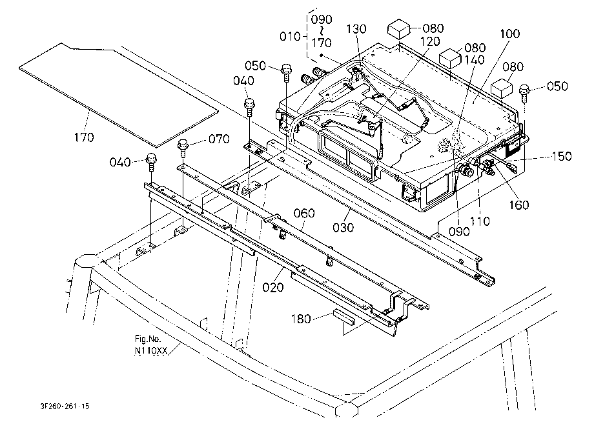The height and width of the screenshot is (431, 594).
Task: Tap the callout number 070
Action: [x=219, y=139]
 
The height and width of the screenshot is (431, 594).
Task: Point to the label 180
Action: [x=301, y=319]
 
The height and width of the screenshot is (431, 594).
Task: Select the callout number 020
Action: [x=273, y=288]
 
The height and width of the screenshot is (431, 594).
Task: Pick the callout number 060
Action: [x=304, y=214]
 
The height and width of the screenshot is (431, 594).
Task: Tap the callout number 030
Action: [x=343, y=227]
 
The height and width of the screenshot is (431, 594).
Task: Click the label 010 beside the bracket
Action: [x=290, y=36]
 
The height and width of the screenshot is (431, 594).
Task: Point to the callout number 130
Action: [x=356, y=29]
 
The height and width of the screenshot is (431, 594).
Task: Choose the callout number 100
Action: [x=510, y=34]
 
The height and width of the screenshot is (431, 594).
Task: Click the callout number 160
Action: [x=518, y=205]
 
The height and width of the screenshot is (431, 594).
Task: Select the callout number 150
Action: [x=562, y=156]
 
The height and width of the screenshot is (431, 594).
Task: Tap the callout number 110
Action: [x=480, y=221]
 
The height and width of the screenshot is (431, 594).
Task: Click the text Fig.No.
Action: [x=148, y=339]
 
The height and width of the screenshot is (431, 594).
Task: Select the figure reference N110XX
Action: [x=151, y=351]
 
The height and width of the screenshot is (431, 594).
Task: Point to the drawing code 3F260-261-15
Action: [x=65, y=406]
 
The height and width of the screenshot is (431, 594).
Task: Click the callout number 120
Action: [x=430, y=41]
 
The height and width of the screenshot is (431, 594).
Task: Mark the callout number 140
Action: [x=475, y=60]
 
